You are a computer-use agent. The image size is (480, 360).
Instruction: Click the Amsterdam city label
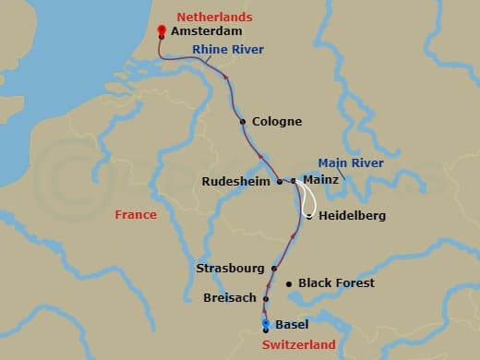coord(206,30)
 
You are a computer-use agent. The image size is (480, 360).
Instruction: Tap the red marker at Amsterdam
coord(162,30)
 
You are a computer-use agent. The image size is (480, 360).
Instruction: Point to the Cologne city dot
coord(243,122)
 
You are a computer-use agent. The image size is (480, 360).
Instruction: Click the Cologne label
coord(277,122)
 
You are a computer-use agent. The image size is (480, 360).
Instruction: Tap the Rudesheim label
coord(237,182)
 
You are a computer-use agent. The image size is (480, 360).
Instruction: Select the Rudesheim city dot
coord(280,182)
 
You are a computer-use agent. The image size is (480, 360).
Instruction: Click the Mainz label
coord(320,182)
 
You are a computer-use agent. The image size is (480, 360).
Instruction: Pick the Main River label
coord(351,162)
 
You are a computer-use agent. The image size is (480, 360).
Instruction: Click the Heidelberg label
coord(352,216)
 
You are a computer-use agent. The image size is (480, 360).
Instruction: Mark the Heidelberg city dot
coord(308,216)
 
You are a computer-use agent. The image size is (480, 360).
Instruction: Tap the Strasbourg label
coord(231,269)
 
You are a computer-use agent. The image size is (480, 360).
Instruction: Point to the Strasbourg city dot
coord(274,269)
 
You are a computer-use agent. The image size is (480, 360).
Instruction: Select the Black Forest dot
coord(289,283)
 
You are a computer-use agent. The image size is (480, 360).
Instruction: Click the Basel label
coord(293,325)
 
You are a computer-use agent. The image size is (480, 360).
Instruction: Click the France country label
coord(135,215)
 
